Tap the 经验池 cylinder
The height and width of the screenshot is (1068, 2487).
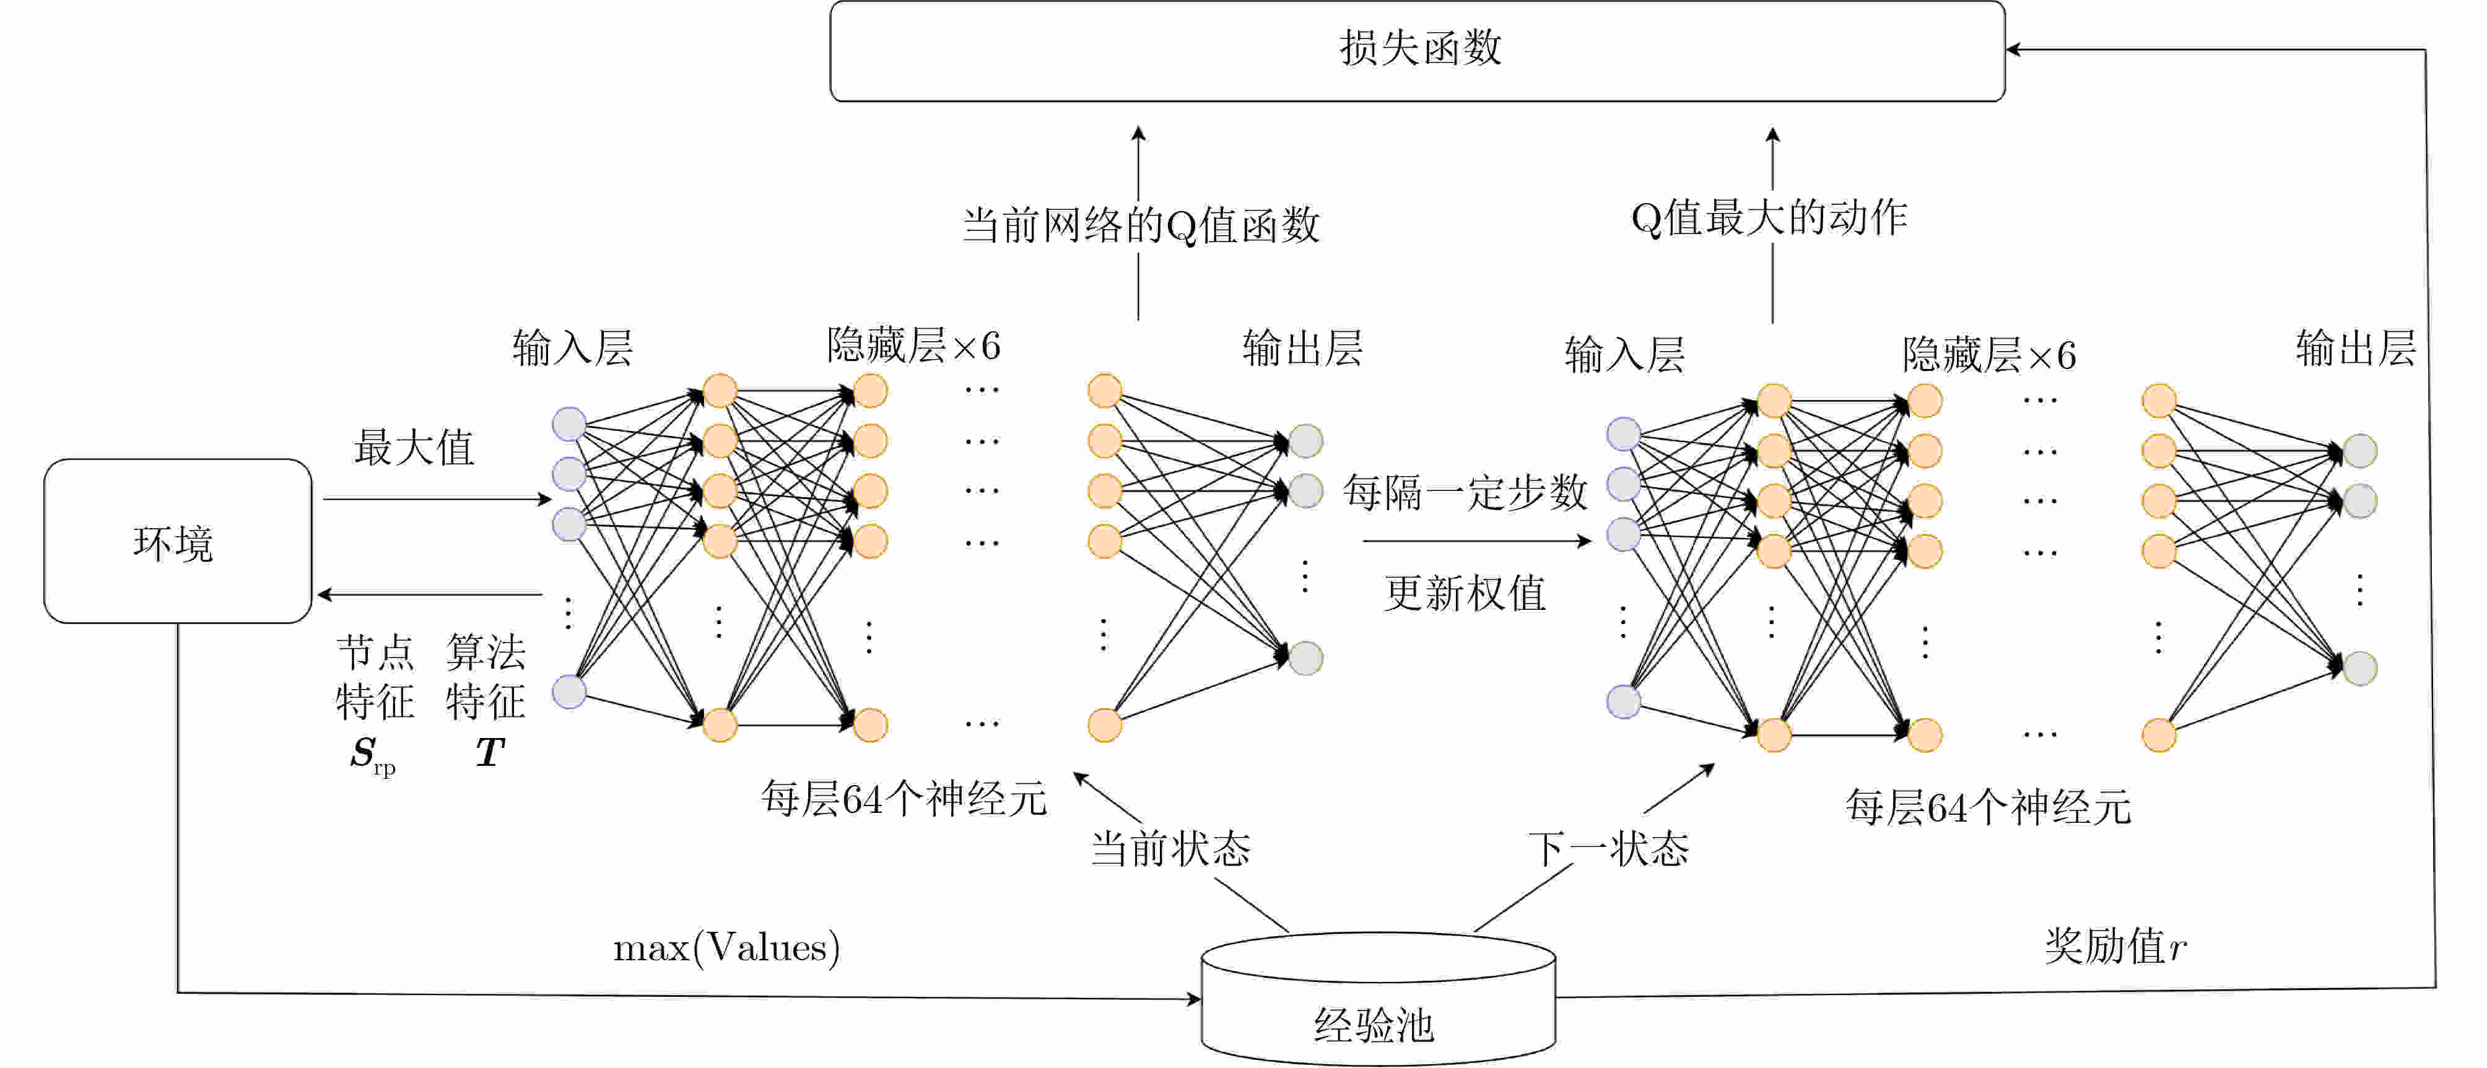[x=1378, y=999]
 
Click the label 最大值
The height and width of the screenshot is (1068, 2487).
[x=414, y=447]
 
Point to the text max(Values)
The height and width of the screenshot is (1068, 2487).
[x=726, y=947]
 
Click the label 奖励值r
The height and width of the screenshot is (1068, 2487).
[x=2114, y=945]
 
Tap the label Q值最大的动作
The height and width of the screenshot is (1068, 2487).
[x=1769, y=217]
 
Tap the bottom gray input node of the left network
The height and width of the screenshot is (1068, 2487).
[x=570, y=692]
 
